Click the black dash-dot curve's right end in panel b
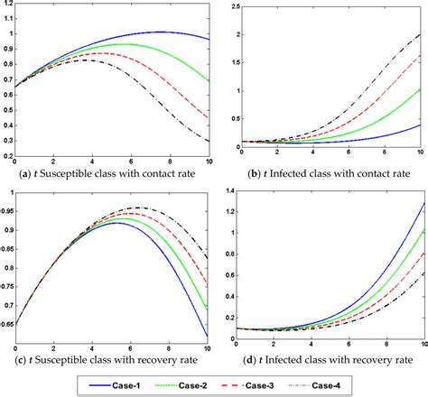coord(421,33)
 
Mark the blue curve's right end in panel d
coord(421,204)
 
